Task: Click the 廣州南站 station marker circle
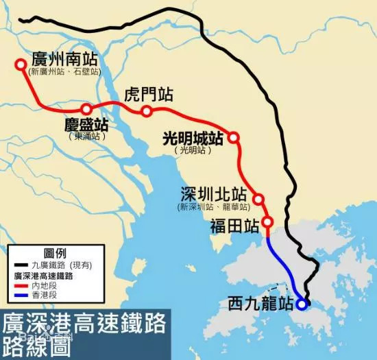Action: (x=20, y=65)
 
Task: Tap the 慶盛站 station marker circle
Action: (x=86, y=109)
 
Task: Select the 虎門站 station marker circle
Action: (x=147, y=112)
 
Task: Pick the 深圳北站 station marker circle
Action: (x=258, y=199)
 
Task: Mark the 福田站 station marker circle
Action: (x=268, y=222)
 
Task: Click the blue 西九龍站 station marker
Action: (x=301, y=305)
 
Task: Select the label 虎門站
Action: (x=147, y=95)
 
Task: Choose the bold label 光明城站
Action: (x=193, y=138)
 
